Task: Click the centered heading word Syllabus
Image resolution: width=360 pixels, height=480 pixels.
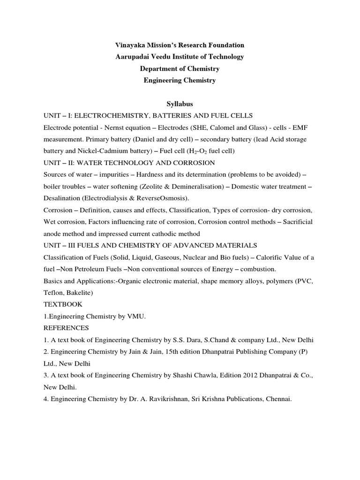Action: (180, 103)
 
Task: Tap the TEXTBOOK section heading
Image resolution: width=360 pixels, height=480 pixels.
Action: (63, 305)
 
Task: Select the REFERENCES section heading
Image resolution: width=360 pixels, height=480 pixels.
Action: (66, 328)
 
